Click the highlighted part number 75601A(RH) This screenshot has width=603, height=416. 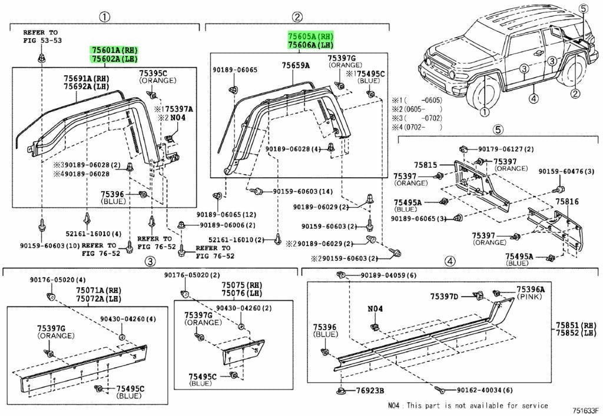pos(114,50)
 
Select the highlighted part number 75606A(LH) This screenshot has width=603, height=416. pos(310,45)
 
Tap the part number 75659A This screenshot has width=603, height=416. pos(295,66)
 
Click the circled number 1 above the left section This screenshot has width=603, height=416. pos(104,16)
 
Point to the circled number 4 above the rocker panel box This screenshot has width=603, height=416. pos(450,261)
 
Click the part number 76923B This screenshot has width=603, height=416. pos(369,390)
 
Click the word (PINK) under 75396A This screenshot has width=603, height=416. pos(531,298)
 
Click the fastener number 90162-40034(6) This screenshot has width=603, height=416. pos(485,390)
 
